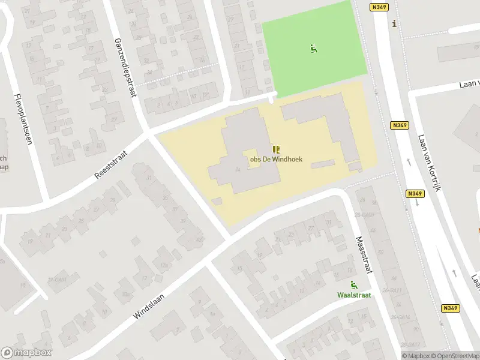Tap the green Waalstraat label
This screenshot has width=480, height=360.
point(354,295)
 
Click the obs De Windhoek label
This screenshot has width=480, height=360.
point(276,160)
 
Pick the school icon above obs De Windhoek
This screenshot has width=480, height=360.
point(276,149)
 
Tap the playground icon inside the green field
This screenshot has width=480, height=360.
point(313,49)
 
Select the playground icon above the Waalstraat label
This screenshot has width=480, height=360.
point(353,284)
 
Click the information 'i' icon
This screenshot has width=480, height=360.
point(394,24)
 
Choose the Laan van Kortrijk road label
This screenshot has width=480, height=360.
point(430,163)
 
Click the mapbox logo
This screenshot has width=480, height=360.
point(26,353)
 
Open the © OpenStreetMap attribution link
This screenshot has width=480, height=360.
point(455,356)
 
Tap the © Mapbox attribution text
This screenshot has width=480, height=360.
point(415,356)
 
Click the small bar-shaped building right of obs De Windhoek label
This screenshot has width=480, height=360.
point(322,164)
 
